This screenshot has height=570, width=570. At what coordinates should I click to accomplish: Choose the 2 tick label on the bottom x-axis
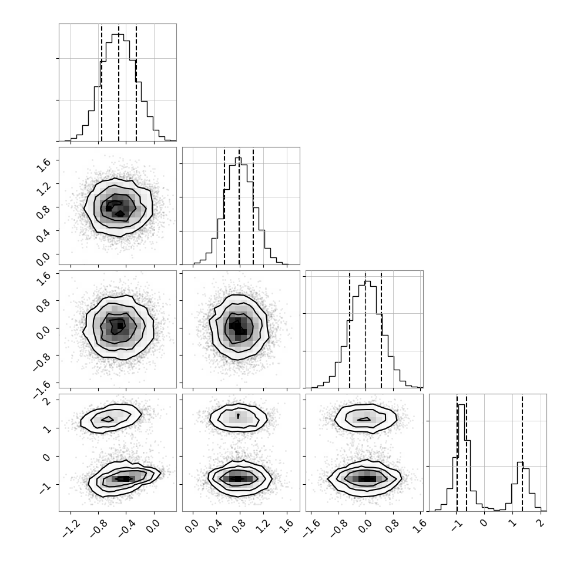[x=541, y=522]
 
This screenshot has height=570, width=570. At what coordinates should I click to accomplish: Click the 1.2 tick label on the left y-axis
[x=43, y=188]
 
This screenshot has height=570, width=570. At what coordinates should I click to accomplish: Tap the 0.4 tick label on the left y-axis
[x=43, y=236]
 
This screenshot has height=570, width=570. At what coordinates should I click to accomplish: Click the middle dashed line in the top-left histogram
[x=119, y=83]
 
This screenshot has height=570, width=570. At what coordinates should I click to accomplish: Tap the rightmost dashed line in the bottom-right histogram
[x=522, y=453]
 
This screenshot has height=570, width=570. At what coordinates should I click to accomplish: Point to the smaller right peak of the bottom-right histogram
[x=520, y=462]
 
